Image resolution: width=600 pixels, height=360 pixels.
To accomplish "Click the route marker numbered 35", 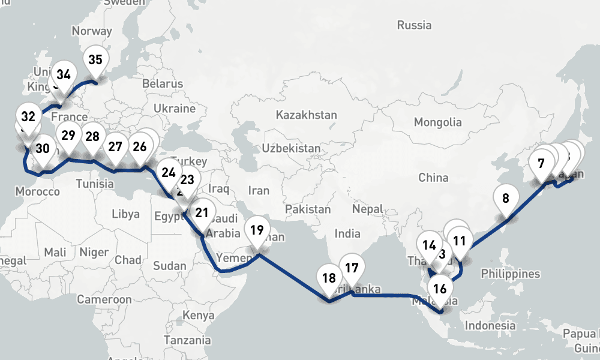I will tap(95, 60).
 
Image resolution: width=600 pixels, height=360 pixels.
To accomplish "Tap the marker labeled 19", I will tap(257, 230).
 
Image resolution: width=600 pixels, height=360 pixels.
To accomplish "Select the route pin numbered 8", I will tap(506, 198).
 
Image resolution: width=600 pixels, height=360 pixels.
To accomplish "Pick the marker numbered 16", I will tap(440, 289).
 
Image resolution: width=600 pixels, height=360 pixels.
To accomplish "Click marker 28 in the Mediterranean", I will tap(92, 136).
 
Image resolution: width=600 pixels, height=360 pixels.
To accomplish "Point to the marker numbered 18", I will tap(329, 278).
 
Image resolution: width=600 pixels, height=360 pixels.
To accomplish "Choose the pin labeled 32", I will tap(28, 116).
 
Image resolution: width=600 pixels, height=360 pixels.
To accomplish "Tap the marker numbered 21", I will tap(202, 212).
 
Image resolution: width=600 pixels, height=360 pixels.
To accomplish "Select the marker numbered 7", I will tap(541, 163).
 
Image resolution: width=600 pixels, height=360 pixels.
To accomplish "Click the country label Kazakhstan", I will tap(306, 115).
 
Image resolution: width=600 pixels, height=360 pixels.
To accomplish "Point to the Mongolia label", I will tap(437, 122).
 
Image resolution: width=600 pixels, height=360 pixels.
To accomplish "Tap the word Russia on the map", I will tap(414, 25).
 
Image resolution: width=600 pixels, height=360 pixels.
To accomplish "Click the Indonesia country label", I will tap(490, 326).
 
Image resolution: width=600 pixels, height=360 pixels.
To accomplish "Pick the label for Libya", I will tap(125, 214).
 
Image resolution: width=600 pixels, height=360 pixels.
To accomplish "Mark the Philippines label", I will tap(510, 274).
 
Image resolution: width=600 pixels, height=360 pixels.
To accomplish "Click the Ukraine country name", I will tap(175, 109).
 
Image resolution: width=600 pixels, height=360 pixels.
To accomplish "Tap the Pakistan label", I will tap(308, 209).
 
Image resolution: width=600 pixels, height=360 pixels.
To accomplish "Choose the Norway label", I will tap(92, 31).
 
